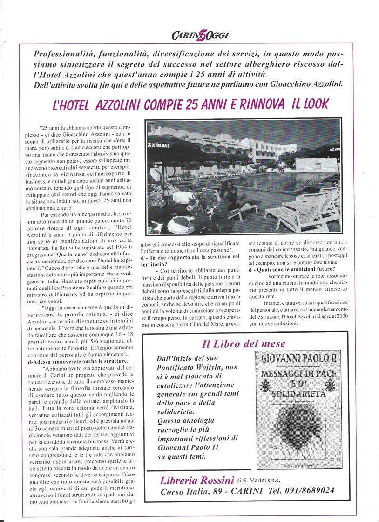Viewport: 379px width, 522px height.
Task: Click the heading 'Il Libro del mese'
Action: tap(244, 344)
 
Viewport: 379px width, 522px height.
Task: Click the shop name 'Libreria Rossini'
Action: tap(196, 481)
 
